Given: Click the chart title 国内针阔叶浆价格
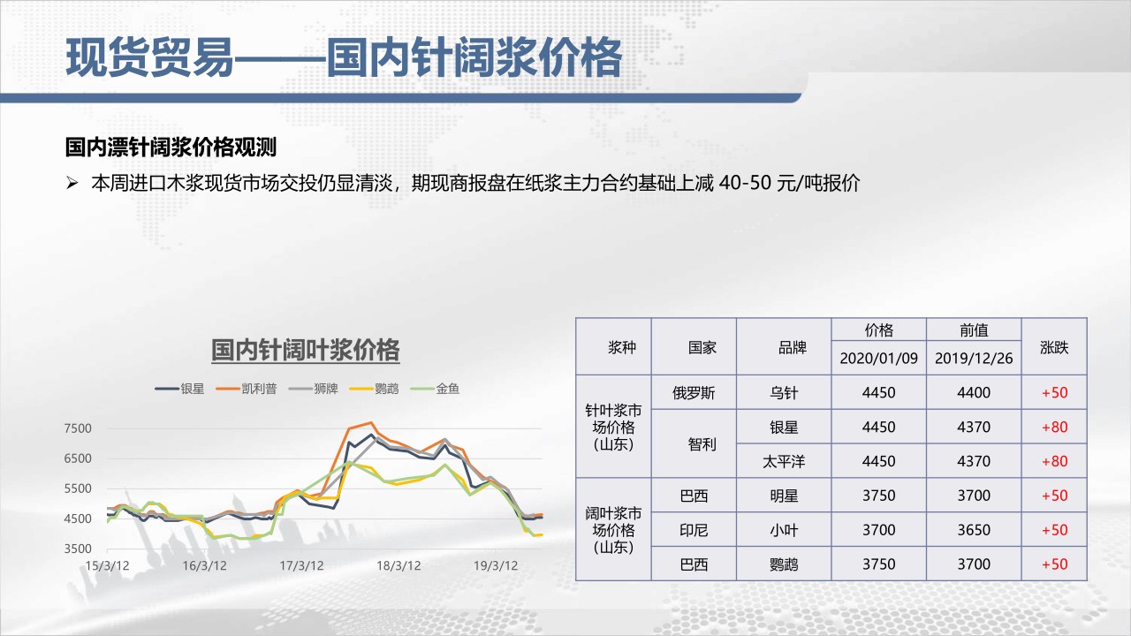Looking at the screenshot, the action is [306, 350].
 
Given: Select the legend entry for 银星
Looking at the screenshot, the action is [179, 389].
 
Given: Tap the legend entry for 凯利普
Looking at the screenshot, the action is [247, 389].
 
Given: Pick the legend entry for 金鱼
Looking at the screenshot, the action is [435, 389].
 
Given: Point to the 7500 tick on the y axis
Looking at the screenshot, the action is [78, 428].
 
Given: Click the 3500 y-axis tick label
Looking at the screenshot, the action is [78, 549].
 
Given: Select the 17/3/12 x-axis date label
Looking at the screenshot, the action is [301, 566].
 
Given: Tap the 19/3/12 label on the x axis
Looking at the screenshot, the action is [496, 566].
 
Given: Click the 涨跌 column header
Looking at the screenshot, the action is [1054, 347].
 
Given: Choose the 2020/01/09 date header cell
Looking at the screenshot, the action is [878, 359].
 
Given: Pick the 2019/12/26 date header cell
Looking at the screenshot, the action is [974, 359].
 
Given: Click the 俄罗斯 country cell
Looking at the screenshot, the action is [694, 393].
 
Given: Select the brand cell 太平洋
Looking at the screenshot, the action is [784, 461].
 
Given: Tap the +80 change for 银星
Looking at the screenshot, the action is [1055, 427].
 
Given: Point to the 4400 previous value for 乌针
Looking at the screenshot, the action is [974, 393].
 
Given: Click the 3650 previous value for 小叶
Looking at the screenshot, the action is [974, 530].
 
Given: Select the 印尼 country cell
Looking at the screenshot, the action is [694, 530].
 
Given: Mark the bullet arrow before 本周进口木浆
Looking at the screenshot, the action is [72, 183].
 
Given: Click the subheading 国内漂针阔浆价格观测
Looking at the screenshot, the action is [171, 148].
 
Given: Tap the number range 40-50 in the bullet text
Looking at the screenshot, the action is [745, 183].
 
